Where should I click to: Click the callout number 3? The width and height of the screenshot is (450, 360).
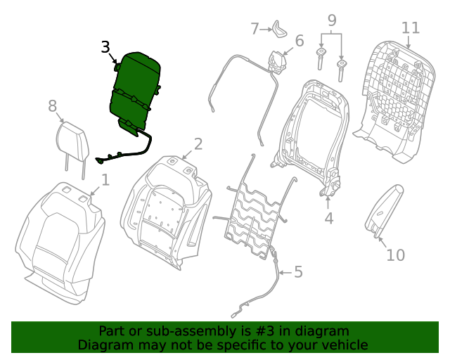(105, 47)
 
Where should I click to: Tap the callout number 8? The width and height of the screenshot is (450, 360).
(52, 106)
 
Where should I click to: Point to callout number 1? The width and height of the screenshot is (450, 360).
(105, 180)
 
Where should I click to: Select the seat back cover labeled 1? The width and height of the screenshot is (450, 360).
(60, 239)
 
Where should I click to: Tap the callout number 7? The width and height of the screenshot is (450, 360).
(255, 28)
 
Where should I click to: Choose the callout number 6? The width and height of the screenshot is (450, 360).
(300, 41)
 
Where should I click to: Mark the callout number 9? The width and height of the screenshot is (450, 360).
(332, 21)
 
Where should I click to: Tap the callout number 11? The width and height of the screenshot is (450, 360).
(411, 27)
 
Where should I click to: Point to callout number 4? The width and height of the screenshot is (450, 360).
(328, 219)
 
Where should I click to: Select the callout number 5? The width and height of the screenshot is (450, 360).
(298, 271)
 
